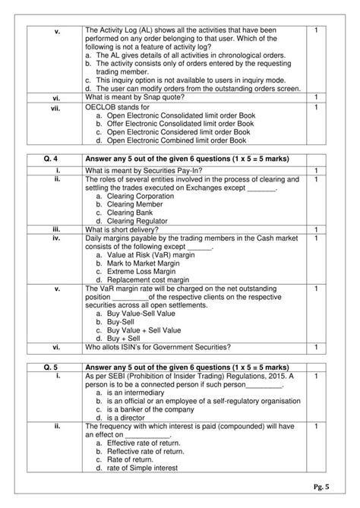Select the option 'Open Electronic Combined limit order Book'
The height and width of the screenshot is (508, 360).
click(176, 140)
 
